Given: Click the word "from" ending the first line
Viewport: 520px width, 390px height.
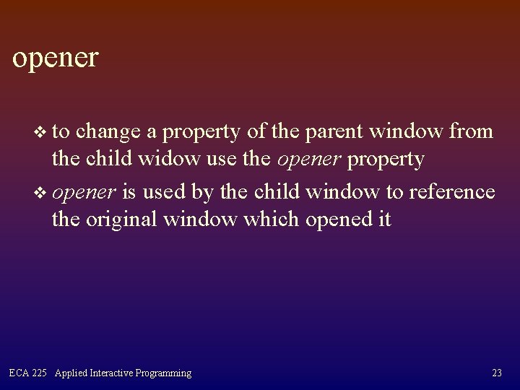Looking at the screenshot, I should (472, 132).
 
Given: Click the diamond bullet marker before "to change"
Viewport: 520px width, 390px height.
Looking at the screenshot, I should (40, 133).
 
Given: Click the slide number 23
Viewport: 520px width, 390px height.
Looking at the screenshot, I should (496, 373).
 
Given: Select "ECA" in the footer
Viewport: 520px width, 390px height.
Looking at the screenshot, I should (19, 373).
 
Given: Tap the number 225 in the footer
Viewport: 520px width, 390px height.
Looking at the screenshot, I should (40, 373).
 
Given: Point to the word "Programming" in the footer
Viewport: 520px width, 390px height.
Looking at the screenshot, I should (168, 373).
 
